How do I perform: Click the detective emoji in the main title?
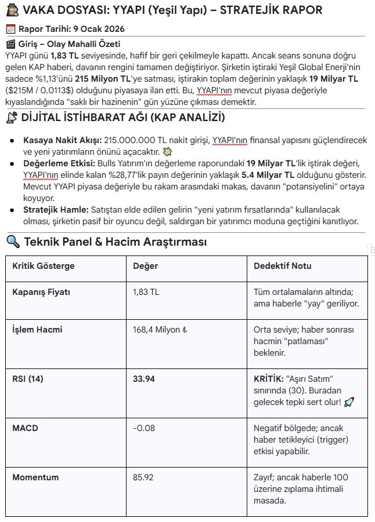[11, 10]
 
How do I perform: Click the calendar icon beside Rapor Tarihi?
[10, 29]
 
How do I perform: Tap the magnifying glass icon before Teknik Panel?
[12, 242]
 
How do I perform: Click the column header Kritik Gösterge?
[44, 266]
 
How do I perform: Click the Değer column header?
[145, 266]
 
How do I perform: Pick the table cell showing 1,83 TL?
[146, 292]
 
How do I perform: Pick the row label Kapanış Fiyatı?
[41, 292]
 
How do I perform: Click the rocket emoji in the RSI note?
[348, 401]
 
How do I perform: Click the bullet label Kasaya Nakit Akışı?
[62, 140]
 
